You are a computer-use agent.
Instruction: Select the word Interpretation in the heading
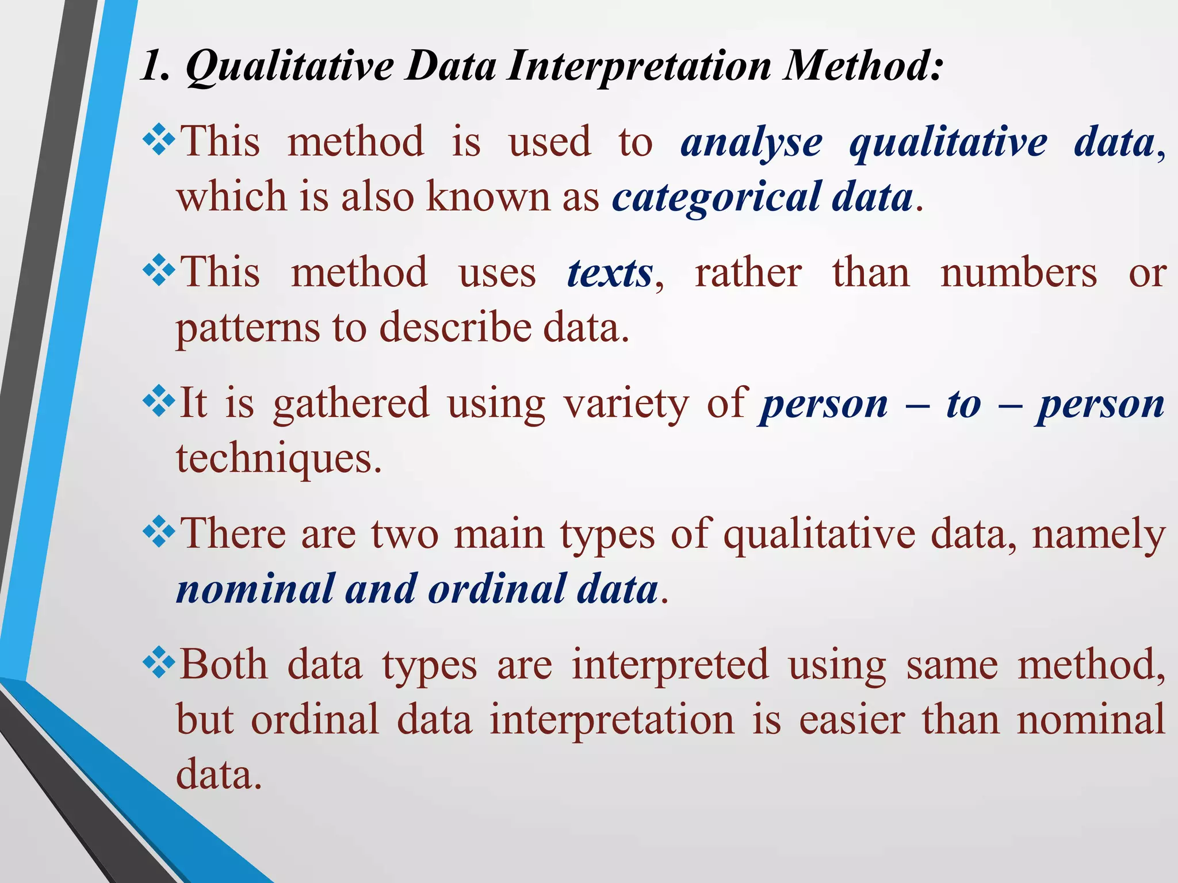[x=639, y=66]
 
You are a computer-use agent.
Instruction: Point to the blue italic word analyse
[x=751, y=142]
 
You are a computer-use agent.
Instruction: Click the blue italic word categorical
[x=716, y=197]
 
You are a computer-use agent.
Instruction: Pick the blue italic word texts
[x=610, y=272]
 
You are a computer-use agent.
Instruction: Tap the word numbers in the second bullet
[x=1019, y=272]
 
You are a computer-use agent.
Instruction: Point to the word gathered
[x=351, y=404]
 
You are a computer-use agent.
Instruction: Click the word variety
[x=626, y=404]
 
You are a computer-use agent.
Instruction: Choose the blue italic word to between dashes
[x=963, y=404]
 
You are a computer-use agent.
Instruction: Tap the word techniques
[x=279, y=459]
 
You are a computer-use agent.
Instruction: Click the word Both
[x=224, y=665]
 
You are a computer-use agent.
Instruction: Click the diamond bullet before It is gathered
[x=159, y=402]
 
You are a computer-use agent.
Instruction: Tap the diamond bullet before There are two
[x=159, y=532]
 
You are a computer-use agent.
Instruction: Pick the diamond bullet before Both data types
[x=159, y=663]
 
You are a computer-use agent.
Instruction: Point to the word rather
[x=748, y=272]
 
